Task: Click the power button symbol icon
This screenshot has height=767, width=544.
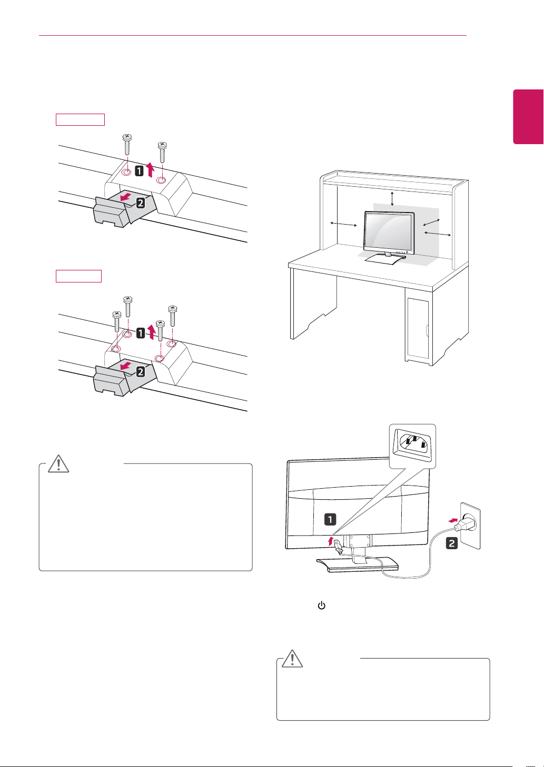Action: pyautogui.click(x=321, y=605)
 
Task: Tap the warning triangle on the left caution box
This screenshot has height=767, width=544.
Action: pyautogui.click(x=58, y=464)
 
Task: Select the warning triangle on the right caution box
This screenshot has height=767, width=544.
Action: pyautogui.click(x=292, y=658)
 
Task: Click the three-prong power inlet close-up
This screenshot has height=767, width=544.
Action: pyautogui.click(x=412, y=446)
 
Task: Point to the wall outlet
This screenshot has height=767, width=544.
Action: pyautogui.click(x=470, y=526)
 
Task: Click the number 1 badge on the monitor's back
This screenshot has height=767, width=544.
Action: pyautogui.click(x=330, y=519)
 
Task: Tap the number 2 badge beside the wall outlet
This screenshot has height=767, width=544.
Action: pyautogui.click(x=452, y=543)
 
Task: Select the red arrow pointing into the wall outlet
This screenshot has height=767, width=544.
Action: pyautogui.click(x=453, y=520)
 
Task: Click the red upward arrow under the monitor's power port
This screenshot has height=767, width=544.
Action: pyautogui.click(x=330, y=541)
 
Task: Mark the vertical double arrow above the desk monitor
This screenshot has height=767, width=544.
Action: pyautogui.click(x=392, y=199)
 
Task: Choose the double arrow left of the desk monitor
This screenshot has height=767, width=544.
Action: pyautogui.click(x=343, y=224)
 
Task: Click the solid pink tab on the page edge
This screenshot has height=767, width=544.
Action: pyautogui.click(x=528, y=117)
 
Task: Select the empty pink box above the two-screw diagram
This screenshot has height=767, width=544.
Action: pyautogui.click(x=80, y=119)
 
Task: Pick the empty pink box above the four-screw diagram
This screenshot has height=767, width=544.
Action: pyautogui.click(x=78, y=276)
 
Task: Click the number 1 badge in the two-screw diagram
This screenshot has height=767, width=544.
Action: pyautogui.click(x=139, y=170)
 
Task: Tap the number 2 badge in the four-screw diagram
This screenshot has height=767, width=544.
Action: pyautogui.click(x=141, y=371)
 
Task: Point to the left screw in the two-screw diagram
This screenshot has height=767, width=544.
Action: pyautogui.click(x=127, y=145)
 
